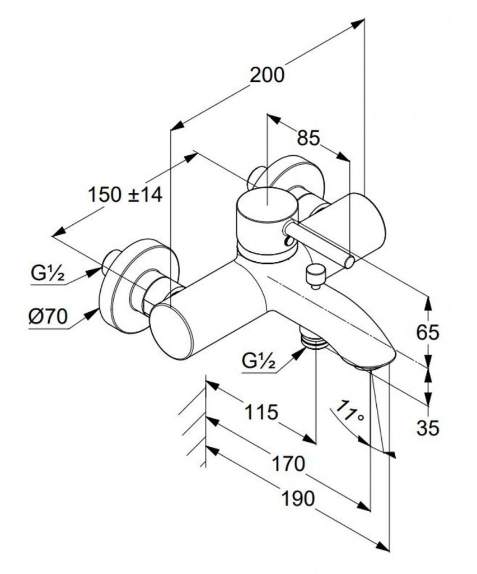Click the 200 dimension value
click(267, 75)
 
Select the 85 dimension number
click(308, 137)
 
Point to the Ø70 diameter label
click(48, 317)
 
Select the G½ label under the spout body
click(259, 361)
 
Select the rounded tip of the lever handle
click(350, 261)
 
